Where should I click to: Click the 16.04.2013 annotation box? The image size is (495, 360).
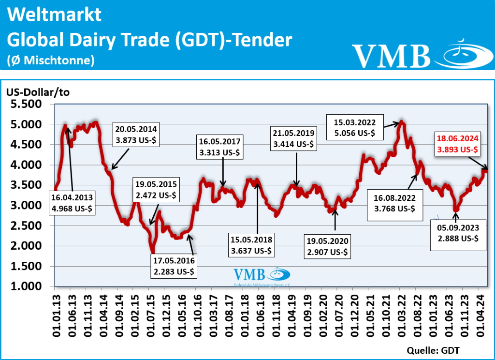pyautogui.click(x=73, y=203)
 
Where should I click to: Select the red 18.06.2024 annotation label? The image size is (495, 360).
pyautogui.click(x=457, y=144)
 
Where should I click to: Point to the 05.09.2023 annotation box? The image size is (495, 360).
pyautogui.click(x=458, y=233)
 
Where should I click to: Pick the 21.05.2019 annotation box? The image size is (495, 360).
pyautogui.click(x=293, y=138)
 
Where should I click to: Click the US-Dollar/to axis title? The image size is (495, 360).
pyautogui.click(x=38, y=92)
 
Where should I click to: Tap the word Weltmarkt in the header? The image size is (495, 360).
pyautogui.click(x=55, y=15)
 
